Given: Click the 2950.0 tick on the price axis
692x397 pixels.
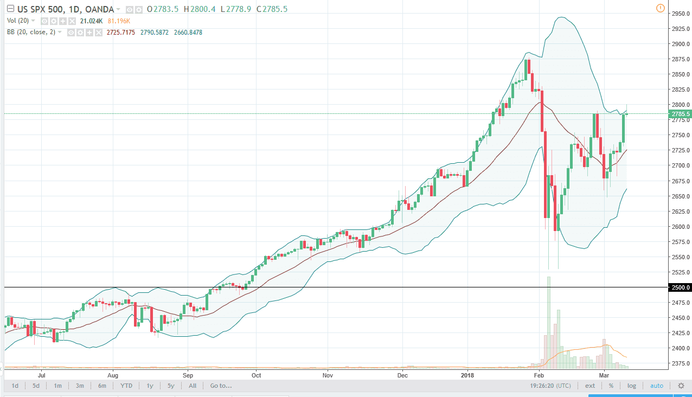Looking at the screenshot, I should coord(680,14).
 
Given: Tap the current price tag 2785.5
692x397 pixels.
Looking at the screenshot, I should coord(680,114).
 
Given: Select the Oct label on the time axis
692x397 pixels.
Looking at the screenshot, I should coord(257,375).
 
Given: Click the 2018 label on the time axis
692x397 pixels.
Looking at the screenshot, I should coord(467,375).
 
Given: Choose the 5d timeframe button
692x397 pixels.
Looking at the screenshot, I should coord(36,386).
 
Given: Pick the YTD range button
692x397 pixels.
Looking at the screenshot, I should coord(126,386).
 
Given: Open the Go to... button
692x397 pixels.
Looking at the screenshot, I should coord(221,386).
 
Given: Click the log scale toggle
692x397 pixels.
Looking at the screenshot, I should coord(632,386).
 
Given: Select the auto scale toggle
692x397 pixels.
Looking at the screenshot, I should coord(656,386).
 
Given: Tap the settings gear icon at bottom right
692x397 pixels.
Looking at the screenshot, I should coord(681,386).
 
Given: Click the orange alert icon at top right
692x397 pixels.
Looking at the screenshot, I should coord(660,8).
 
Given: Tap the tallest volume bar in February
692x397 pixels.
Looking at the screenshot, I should coord(549,322).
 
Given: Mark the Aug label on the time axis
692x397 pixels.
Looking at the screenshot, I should coord(113,375).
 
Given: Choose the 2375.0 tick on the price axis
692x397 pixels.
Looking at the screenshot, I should coord(680,364).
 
